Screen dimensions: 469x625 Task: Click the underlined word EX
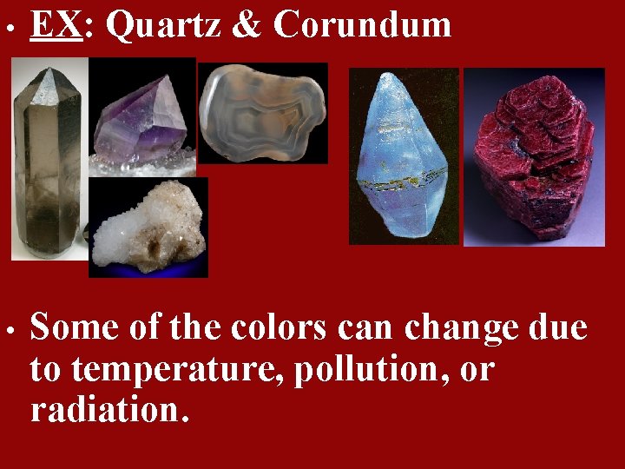pos(54,25)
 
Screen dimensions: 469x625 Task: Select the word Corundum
pos(363,25)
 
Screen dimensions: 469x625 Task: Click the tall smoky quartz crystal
pos(48,165)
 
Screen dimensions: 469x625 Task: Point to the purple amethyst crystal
pos(139,122)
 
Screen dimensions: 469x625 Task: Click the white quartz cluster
pos(148,230)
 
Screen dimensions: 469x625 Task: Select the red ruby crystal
pos(533,156)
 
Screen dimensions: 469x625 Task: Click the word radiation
pos(108,409)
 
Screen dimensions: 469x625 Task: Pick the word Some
pos(75,329)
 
